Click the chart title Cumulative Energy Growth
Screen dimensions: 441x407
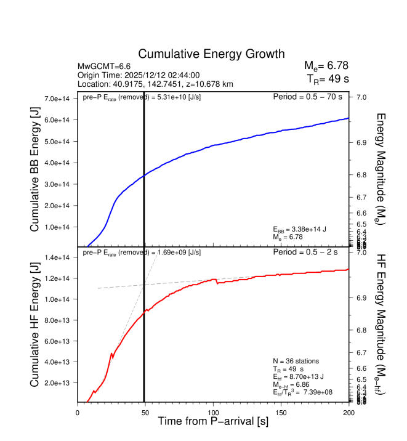point(211,54)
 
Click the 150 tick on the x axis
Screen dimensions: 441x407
point(281,413)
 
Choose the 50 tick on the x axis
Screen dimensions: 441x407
point(145,413)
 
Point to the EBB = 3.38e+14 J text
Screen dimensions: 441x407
point(299,229)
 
